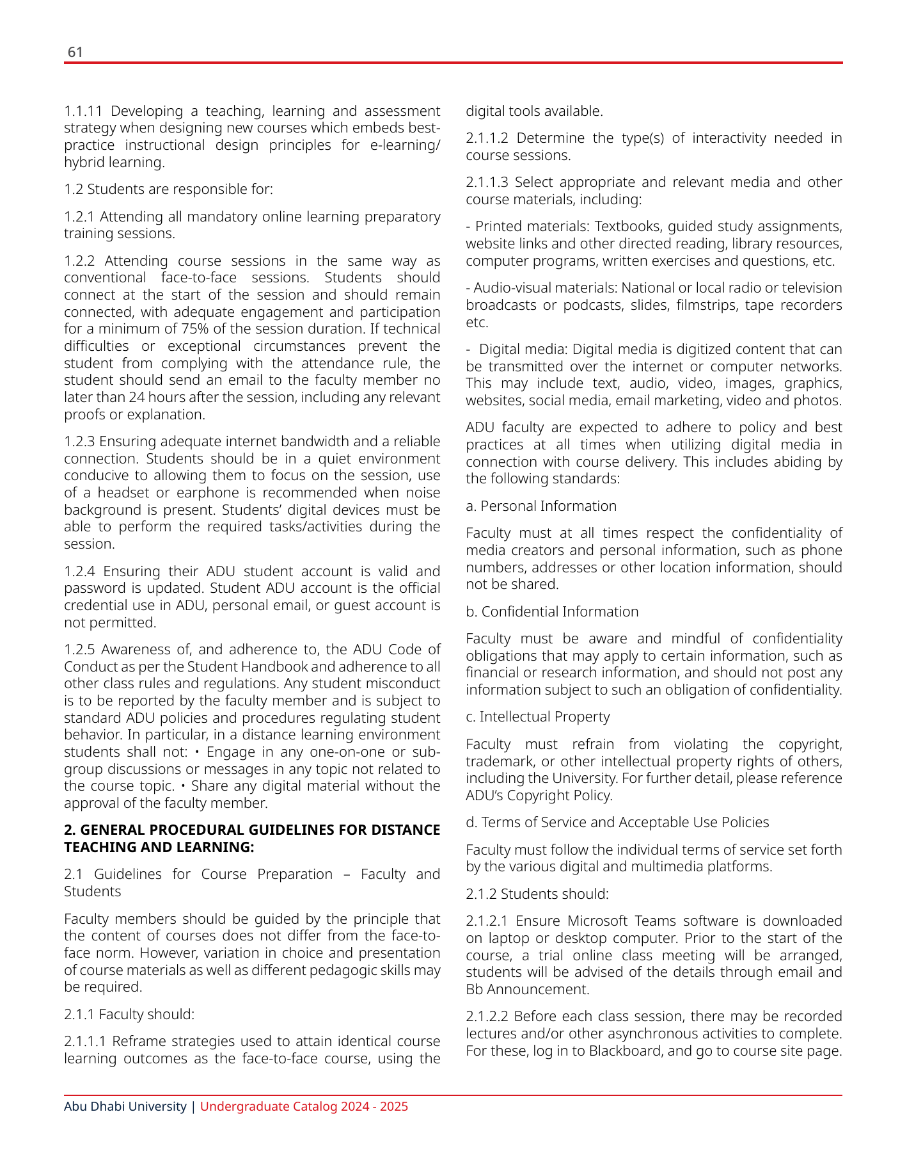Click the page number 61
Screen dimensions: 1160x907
pos(75,52)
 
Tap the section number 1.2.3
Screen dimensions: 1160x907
pos(79,442)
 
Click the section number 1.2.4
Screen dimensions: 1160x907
pos(79,571)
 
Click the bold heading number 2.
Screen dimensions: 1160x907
pos(68,830)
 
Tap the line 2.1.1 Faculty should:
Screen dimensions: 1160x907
pos(129,1014)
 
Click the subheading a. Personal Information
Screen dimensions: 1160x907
pos(541,506)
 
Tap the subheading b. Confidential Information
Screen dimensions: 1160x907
pos(552,612)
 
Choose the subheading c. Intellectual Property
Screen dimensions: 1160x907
pos(537,717)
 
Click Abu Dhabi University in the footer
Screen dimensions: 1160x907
pos(125,1107)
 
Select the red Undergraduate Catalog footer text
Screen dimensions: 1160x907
pos(304,1107)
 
